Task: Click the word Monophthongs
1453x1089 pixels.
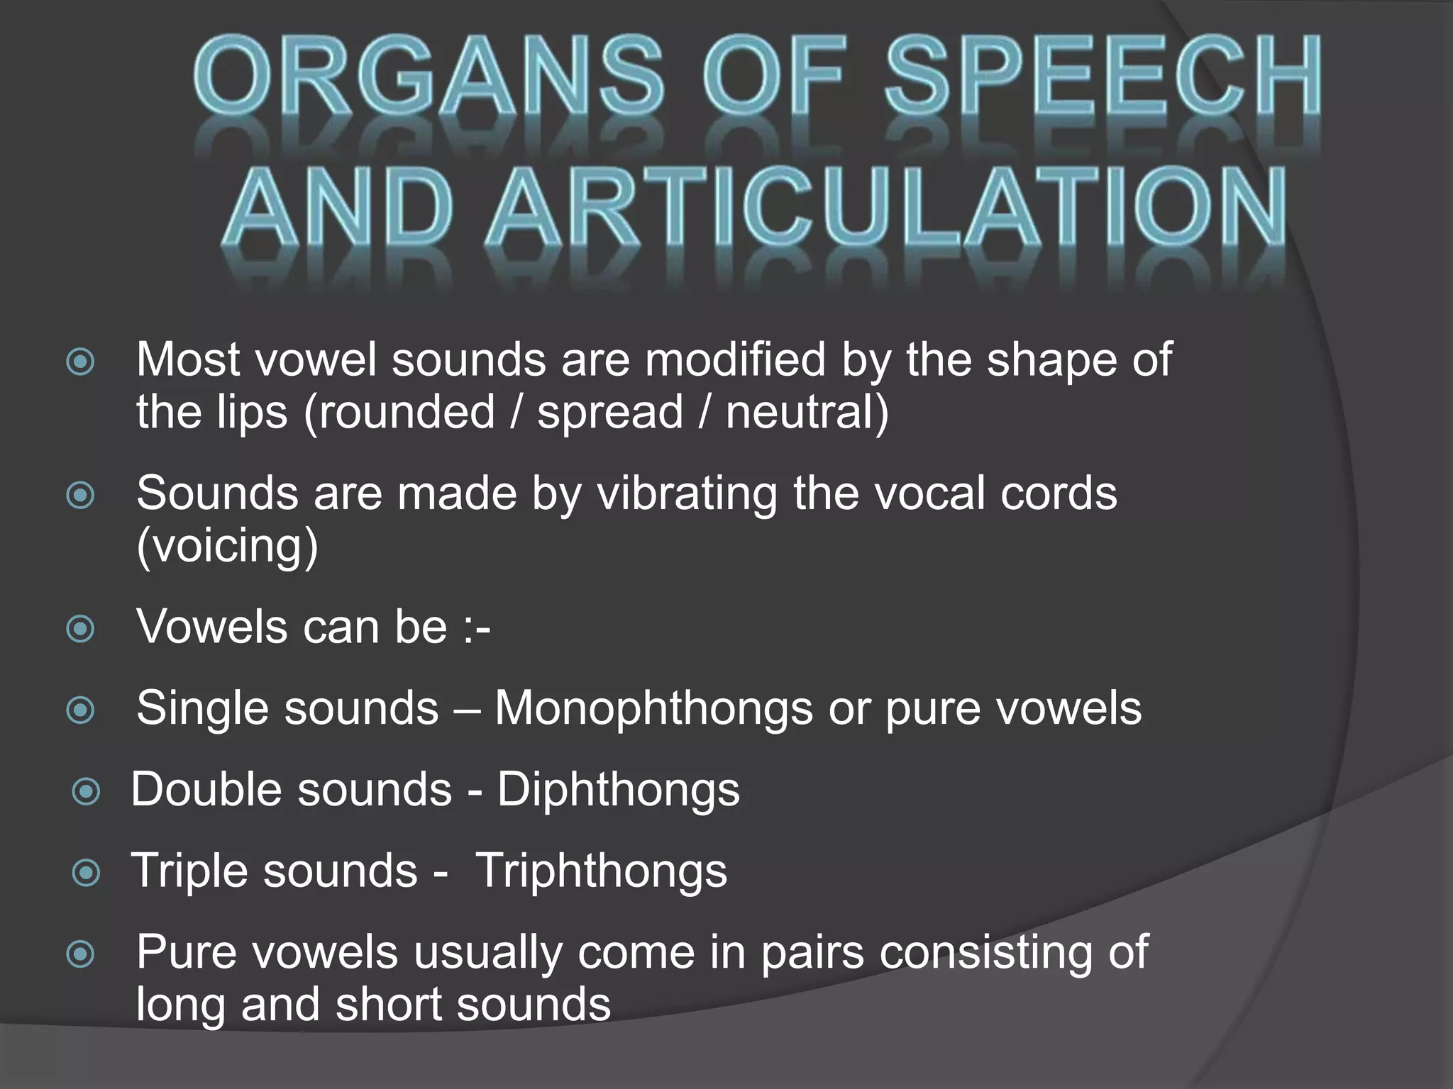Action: pyautogui.click(x=653, y=708)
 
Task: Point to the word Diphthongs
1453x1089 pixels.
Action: pyautogui.click(x=618, y=790)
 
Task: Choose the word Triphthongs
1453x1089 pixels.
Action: pyautogui.click(x=601, y=871)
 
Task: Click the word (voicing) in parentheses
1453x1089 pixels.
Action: pyautogui.click(x=227, y=546)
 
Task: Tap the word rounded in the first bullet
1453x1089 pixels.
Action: pyautogui.click(x=406, y=412)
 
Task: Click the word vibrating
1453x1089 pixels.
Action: pyautogui.click(x=687, y=494)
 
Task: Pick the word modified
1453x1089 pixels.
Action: pyautogui.click(x=735, y=359)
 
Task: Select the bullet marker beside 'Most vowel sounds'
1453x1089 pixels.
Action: pyautogui.click(x=80, y=362)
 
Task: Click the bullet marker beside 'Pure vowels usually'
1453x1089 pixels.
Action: pyautogui.click(x=80, y=954)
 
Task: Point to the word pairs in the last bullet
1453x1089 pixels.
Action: pyautogui.click(x=812, y=952)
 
